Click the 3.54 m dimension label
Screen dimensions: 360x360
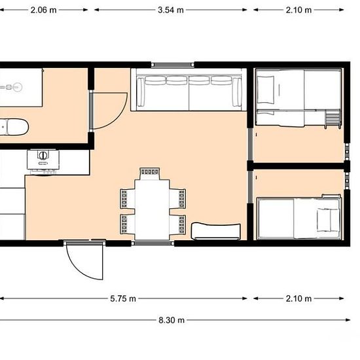171,10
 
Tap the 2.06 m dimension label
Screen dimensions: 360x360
43,10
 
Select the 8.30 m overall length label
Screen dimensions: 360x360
171,320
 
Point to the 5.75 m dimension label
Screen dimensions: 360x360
123,298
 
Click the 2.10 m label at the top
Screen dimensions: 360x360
298,10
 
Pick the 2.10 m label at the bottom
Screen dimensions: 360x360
298,298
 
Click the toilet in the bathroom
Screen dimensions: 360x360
14,127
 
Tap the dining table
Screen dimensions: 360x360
153,209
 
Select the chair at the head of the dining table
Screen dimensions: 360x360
150,174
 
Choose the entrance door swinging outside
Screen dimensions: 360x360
84,260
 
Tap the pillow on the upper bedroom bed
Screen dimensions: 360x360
265,90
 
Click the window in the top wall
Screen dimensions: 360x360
173,65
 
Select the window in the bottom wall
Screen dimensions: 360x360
153,243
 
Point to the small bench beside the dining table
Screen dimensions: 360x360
216,231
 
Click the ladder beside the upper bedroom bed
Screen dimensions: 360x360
333,118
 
